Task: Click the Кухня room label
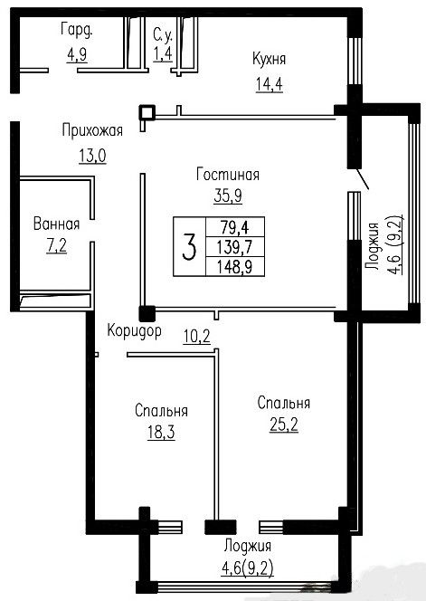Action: click(x=269, y=60)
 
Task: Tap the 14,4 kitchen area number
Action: click(x=270, y=84)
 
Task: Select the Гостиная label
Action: click(x=228, y=175)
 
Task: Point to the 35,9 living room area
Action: click(x=228, y=196)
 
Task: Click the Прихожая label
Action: click(x=92, y=130)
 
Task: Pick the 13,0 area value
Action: click(x=93, y=156)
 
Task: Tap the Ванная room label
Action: click(x=56, y=224)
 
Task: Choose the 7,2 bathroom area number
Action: click(x=56, y=245)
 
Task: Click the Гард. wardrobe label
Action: click(x=77, y=30)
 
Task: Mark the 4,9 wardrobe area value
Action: click(x=77, y=54)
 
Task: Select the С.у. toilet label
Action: click(x=163, y=35)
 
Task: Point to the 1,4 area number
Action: click(x=163, y=53)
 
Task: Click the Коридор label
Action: click(x=134, y=330)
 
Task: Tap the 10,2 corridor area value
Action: click(x=196, y=337)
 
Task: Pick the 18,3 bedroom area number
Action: click(x=161, y=433)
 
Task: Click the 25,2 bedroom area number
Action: click(x=284, y=425)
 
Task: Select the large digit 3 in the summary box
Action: click(x=189, y=247)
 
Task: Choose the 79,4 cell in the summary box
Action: click(x=235, y=227)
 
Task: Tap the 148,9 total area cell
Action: click(x=235, y=266)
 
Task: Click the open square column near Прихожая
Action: click(x=147, y=112)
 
